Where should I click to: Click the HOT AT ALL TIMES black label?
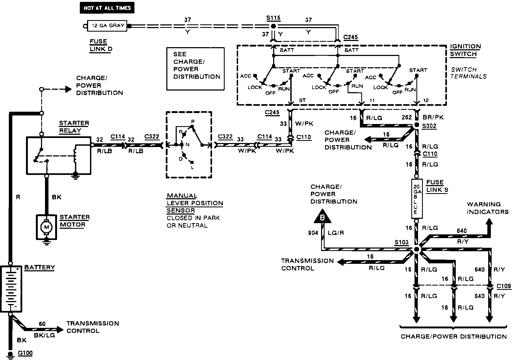107,8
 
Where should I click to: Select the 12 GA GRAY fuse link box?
108,26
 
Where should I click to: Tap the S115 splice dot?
273,26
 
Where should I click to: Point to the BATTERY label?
40,268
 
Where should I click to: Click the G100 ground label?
25,353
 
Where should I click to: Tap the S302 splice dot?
416,125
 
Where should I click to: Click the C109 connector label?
504,286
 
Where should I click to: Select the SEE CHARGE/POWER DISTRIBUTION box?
195,69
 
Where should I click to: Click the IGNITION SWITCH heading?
465,50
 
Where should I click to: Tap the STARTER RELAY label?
74,127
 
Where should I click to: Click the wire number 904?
313,233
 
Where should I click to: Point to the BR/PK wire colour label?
433,117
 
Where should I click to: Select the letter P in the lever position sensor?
193,122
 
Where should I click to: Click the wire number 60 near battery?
42,324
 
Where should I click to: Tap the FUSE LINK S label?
437,186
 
